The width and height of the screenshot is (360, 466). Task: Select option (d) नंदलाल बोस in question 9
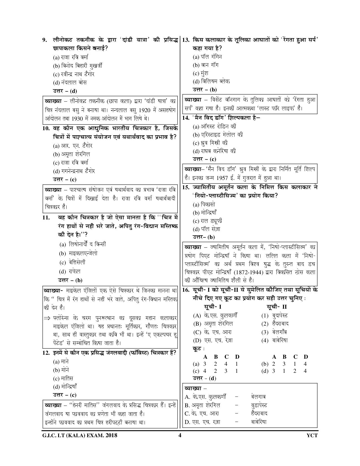[x=70, y=82]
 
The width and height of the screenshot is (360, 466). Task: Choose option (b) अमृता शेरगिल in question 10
[x=71, y=154]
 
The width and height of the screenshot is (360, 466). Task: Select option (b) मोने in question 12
[x=61, y=370]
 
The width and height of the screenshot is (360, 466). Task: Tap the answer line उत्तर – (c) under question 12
[x=65, y=395]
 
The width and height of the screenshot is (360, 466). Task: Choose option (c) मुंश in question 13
[x=200, y=73]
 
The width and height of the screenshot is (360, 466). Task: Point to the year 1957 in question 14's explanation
[x=222, y=178]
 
